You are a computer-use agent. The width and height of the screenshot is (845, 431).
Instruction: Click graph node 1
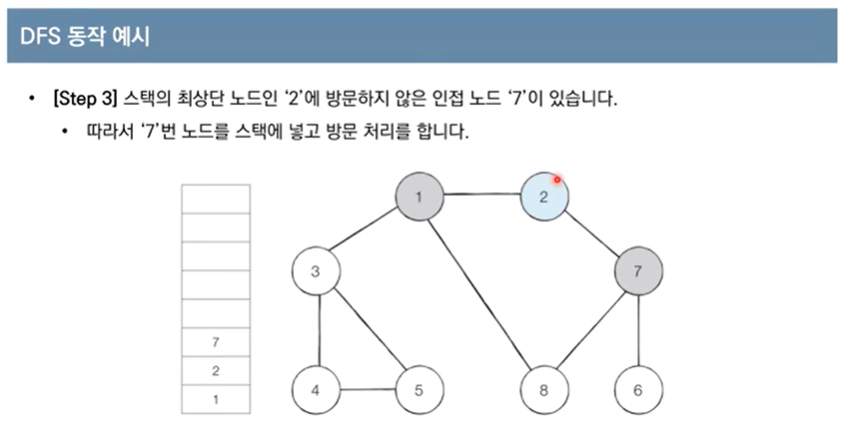tap(421, 196)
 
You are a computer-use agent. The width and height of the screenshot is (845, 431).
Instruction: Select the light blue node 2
tap(544, 196)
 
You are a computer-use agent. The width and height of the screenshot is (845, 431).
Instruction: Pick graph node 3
tap(316, 272)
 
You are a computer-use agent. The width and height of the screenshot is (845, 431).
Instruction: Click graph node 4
tap(316, 390)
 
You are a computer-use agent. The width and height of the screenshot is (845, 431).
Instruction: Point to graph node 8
tap(544, 390)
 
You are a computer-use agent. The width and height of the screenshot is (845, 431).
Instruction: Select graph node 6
tap(637, 390)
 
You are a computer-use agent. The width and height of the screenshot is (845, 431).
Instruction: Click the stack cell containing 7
tap(216, 342)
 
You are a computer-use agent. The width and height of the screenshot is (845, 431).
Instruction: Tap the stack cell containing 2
tap(216, 371)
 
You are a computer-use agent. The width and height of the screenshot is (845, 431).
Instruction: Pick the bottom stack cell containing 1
tap(216, 399)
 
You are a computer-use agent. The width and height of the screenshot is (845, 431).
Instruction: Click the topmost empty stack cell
tap(216, 198)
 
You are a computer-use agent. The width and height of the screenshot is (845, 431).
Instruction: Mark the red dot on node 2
tap(557, 180)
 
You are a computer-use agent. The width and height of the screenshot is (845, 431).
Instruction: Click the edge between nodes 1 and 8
tap(482, 292)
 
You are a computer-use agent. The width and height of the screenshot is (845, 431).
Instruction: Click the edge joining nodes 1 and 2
tap(482, 194)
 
